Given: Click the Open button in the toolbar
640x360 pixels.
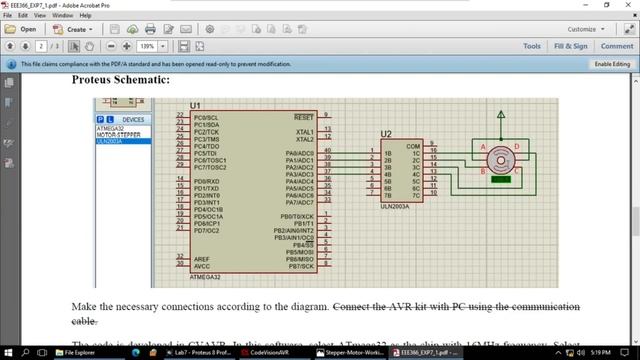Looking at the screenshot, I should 21,29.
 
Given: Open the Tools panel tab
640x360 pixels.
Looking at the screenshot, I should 531,46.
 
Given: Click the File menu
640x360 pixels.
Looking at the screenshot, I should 8,16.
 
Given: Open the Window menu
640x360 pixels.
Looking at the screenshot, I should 62,16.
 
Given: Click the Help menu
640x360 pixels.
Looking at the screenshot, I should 85,16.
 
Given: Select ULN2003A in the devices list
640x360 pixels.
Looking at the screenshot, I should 109,141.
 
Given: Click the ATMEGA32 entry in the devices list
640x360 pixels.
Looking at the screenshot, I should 110,129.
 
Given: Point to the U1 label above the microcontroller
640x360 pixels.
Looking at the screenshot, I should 195,105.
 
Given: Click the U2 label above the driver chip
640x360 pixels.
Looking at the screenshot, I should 386,135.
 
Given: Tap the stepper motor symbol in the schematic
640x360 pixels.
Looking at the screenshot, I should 500,158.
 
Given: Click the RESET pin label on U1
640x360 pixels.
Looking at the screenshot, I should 304,117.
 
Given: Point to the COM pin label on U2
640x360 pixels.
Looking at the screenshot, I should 413,145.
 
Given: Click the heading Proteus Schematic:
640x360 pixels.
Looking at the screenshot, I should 121,79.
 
